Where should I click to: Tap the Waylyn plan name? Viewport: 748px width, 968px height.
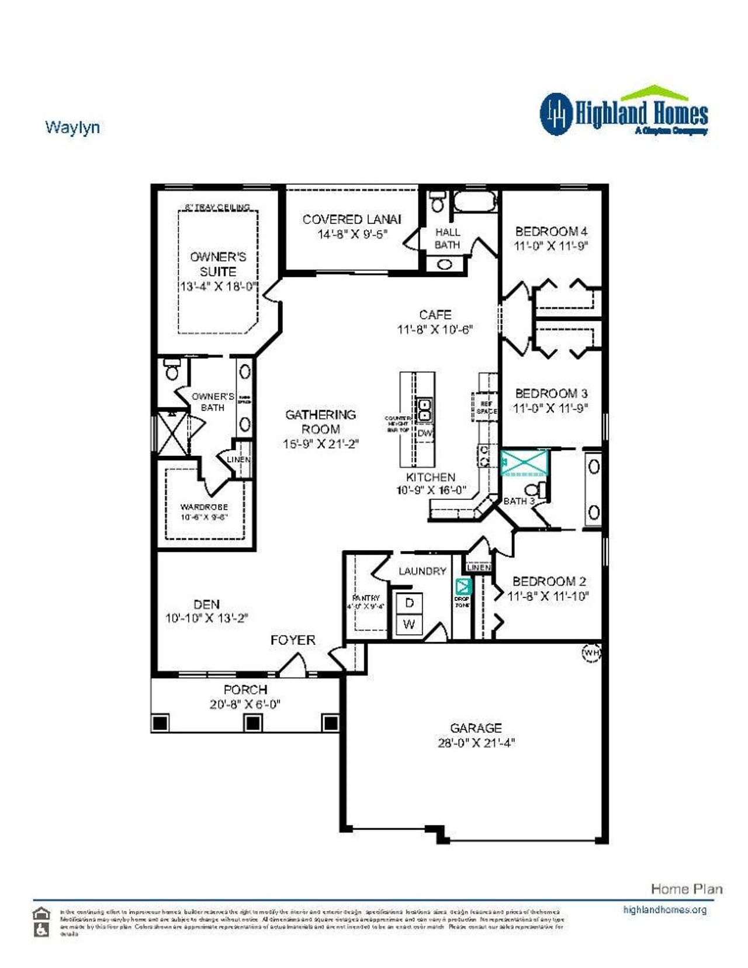[72, 127]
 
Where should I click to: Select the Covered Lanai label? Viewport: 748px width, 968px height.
[351, 220]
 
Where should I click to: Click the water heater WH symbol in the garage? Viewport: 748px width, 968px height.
[591, 652]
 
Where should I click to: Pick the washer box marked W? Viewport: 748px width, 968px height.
[409, 624]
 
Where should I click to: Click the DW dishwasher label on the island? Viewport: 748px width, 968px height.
[425, 433]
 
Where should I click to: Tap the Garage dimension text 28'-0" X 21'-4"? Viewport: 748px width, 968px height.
[476, 743]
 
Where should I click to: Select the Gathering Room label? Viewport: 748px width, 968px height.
[320, 421]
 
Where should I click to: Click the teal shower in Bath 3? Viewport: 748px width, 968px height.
[525, 462]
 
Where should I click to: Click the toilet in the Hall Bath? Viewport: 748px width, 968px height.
[437, 202]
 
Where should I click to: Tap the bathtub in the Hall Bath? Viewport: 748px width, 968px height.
[475, 203]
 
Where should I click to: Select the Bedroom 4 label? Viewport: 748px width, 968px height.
[550, 231]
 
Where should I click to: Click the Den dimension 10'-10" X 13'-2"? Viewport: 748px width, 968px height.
[207, 618]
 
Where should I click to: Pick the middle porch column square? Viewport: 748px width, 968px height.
[252, 722]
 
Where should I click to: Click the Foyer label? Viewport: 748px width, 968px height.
[293, 640]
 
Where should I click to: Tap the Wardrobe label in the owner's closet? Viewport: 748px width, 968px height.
[204, 507]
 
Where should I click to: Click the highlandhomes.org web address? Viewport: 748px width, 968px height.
[664, 910]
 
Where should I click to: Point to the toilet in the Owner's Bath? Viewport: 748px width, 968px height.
[172, 370]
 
